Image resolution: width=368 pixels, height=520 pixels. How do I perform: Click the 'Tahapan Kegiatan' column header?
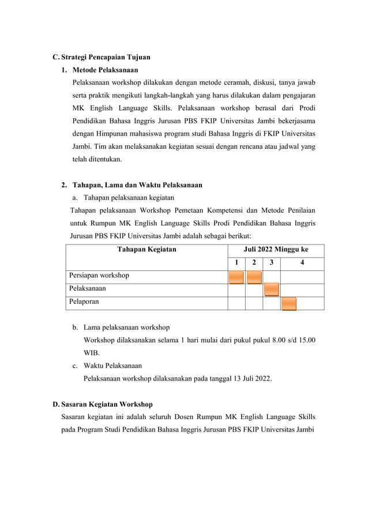(x=147, y=250)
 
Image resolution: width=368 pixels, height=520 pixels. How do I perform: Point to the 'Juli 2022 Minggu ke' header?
(x=276, y=250)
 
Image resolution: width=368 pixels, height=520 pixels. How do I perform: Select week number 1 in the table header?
(x=236, y=263)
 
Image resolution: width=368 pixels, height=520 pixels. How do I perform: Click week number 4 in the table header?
(x=303, y=263)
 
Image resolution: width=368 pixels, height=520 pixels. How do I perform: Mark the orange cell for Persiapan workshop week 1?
(x=236, y=277)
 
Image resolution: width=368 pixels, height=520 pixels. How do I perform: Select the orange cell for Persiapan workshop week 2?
(x=254, y=277)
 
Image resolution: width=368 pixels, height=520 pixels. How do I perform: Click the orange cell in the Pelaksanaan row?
(x=272, y=290)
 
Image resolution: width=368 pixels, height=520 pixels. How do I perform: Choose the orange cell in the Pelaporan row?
(x=289, y=303)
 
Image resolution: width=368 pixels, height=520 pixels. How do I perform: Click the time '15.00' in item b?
(x=306, y=340)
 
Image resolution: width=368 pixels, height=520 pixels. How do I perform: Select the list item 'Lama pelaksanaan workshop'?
(x=126, y=327)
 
